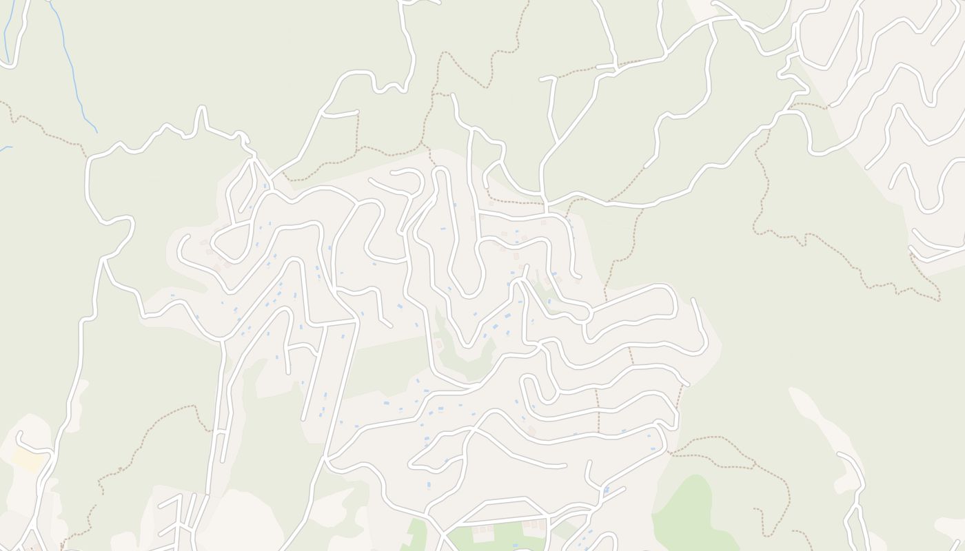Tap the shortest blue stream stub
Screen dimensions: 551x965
6,147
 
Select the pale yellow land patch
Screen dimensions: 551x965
28,461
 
